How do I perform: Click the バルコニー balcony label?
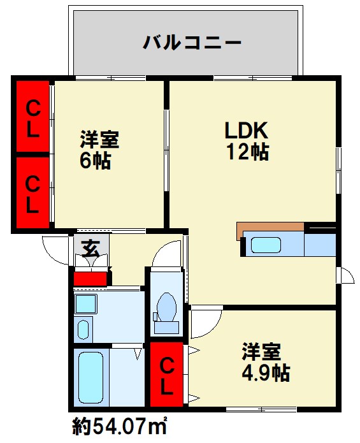tap(192, 43)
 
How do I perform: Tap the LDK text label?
tap(246, 130)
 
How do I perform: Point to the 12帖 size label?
tap(248, 152)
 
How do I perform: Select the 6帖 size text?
tap(95, 161)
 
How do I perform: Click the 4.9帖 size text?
tap(266, 373)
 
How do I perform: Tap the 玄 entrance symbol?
tap(90, 248)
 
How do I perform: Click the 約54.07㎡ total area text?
tap(119, 426)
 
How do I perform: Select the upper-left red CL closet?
tap(32, 116)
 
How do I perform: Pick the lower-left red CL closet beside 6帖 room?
tap(32, 192)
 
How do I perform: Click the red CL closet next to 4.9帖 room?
tap(166, 374)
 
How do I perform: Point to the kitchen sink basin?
tap(266, 245)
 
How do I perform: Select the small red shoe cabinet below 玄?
tap(90, 279)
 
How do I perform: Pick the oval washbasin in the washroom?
tap(83, 330)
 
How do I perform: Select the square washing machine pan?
tap(85, 303)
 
